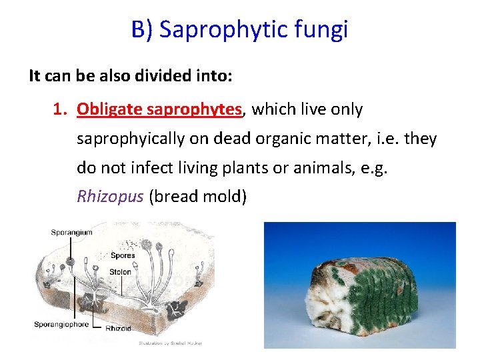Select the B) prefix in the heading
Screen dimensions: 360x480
[x=143, y=30]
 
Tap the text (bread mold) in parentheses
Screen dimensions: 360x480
[x=197, y=197]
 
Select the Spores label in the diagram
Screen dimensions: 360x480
[x=122, y=255]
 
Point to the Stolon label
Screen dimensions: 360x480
[x=120, y=272]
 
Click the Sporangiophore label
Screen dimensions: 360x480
[x=63, y=325]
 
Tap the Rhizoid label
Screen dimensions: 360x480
[x=118, y=329]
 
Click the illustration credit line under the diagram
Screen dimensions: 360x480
[x=169, y=343]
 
